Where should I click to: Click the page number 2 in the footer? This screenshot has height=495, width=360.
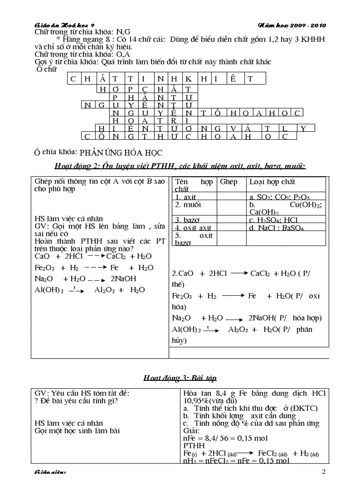(x=323, y=472)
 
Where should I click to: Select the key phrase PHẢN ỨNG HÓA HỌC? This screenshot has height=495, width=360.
(x=121, y=153)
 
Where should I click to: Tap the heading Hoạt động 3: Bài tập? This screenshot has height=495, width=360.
(x=180, y=378)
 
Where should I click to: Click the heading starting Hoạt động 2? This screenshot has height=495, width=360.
(x=180, y=166)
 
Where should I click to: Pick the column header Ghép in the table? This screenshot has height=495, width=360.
(x=229, y=182)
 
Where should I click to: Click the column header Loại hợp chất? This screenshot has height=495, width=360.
(x=272, y=182)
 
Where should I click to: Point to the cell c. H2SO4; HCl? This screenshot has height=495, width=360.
(x=273, y=220)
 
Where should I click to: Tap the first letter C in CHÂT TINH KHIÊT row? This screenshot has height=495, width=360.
(x=74, y=79)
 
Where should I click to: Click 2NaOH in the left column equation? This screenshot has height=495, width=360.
(x=123, y=279)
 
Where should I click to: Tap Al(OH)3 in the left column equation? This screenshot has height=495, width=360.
(x=49, y=290)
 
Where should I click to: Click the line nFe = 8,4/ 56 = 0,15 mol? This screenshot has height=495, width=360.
(x=225, y=438)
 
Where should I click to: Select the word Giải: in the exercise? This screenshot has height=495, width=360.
(x=191, y=431)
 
